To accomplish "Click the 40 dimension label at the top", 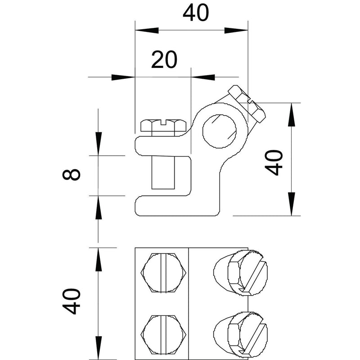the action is pos(196,13).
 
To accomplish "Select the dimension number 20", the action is pos(164,60).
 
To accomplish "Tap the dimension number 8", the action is pos(72,174).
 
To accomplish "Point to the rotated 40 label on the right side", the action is pos(274,162).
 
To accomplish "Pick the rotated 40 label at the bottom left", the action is pos(72,301).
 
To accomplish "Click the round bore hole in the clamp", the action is pos(220,131).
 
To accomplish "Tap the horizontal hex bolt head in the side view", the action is pos(163,126).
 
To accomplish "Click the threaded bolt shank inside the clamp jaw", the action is pos(163,173).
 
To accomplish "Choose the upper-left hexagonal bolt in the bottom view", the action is pos(163,273).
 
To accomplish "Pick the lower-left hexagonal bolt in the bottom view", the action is pos(163,334).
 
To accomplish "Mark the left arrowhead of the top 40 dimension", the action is pos(147,30).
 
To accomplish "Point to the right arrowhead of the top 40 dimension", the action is pos(236,30).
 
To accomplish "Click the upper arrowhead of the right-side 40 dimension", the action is pos(292,115).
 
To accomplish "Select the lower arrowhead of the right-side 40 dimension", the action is pos(292,204).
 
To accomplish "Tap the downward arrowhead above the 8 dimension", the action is pos(98,144).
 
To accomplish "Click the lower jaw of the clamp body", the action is pos(177,206).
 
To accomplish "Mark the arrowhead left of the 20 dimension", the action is pos(123,77).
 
